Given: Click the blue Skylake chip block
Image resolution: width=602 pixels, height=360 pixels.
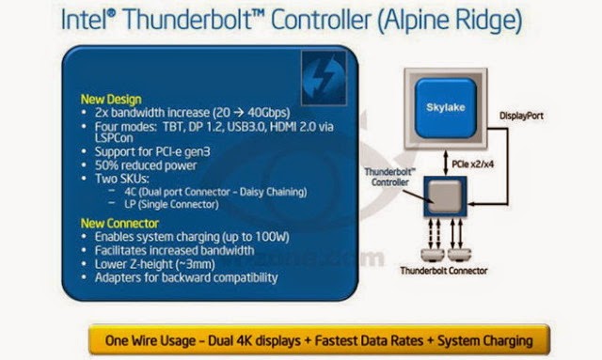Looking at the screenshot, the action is tap(445, 108).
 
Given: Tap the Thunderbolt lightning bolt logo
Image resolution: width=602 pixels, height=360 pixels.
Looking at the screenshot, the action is tap(324, 78).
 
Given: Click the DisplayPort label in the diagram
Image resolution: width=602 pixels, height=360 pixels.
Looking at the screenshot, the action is tap(521, 116).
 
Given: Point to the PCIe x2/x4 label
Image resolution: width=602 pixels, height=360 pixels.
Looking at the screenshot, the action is tap(472, 164).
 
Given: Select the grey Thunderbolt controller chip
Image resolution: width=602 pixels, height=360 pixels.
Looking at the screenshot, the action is tap(445, 196).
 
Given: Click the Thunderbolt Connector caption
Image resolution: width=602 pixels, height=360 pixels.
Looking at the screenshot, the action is tap(443, 271).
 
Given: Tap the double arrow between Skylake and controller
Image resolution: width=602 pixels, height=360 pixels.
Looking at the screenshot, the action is tap(445, 163).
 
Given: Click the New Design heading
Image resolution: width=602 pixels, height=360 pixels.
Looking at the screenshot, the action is tap(111, 100).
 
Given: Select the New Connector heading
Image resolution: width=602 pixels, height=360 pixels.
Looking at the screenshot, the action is tap(119, 223).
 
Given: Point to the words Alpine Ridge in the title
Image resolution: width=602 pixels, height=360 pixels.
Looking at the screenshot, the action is tap(450, 20).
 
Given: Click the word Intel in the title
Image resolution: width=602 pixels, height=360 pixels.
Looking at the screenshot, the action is tap(85, 19).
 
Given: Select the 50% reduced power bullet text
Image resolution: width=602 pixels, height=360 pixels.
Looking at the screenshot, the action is tap(146, 165).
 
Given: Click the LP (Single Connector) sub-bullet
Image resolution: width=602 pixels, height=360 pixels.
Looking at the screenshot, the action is tap(171, 204).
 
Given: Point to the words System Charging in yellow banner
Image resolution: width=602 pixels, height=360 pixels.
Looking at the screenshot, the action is tap(485, 340).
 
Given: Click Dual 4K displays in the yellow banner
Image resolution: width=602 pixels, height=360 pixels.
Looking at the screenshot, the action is tap(254, 340).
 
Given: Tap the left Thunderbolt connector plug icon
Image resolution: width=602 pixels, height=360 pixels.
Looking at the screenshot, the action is tap(433, 254).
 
